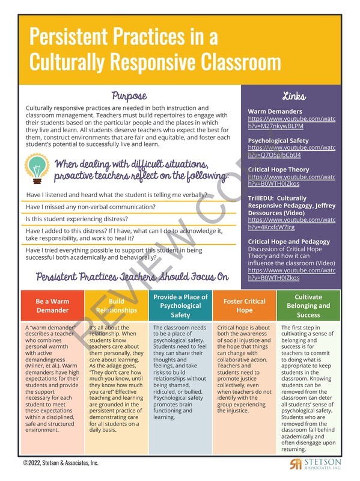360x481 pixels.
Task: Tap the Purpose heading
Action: click(x=129, y=96)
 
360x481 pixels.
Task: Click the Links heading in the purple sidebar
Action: click(x=293, y=96)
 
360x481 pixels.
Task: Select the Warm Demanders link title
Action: click(x=275, y=112)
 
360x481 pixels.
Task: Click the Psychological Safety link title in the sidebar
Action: click(x=278, y=141)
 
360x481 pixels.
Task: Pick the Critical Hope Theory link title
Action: click(x=278, y=170)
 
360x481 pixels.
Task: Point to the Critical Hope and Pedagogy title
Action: click(x=288, y=242)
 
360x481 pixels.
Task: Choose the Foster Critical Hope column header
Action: click(x=244, y=305)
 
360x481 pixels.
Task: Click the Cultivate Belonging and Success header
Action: click(x=308, y=305)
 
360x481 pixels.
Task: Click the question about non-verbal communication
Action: click(x=91, y=207)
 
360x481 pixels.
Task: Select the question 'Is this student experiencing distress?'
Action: click(x=82, y=219)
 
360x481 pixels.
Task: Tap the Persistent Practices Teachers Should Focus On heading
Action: click(x=132, y=277)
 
